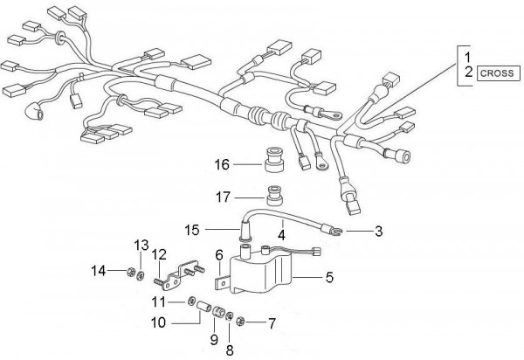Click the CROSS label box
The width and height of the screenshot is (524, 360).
499,73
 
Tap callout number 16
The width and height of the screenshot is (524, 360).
222,165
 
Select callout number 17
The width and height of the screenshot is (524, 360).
223,197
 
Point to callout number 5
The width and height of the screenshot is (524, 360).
329,277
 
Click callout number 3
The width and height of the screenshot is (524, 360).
378,231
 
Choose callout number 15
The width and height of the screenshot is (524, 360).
192,230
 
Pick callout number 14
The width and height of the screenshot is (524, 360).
98,271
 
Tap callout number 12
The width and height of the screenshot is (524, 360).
159,255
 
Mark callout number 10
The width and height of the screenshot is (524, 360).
158,323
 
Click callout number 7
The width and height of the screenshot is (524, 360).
272,323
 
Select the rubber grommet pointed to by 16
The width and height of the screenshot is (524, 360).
274,162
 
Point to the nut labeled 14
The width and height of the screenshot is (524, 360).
130,273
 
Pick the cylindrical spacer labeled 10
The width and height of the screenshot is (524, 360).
203,307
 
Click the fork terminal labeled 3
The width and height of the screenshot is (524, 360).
333,230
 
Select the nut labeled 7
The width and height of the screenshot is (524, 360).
240,322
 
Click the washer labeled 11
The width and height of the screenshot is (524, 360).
191,301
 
